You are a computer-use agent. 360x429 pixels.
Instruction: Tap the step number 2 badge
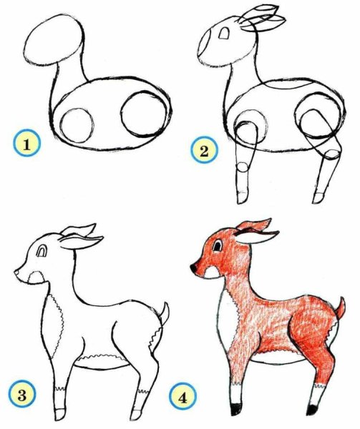pyautogui.click(x=204, y=151)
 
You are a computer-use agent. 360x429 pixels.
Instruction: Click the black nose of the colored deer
pyautogui.click(x=193, y=268)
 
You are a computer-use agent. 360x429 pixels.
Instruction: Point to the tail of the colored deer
pyautogui.click(x=341, y=309)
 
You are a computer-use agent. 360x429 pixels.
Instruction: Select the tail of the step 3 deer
pyautogui.click(x=165, y=312)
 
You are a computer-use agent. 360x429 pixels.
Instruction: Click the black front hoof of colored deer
pyautogui.click(x=235, y=410)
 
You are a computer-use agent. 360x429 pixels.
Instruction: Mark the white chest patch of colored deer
pyautogui.click(x=223, y=315)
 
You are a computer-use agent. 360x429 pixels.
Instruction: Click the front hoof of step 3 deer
pyautogui.click(x=59, y=413)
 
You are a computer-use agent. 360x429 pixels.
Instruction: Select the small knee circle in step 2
pyautogui.click(x=243, y=168)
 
